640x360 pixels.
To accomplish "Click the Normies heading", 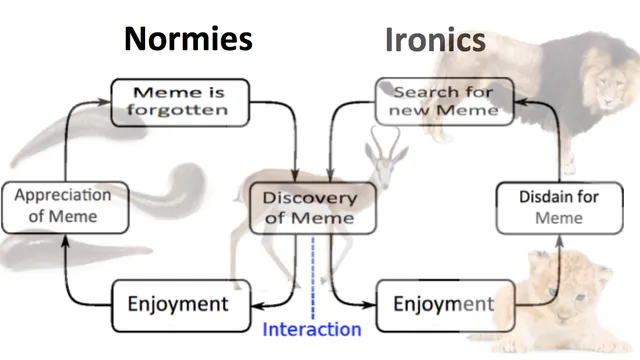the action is pos(188,39).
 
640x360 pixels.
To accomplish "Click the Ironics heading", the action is pos(435,40).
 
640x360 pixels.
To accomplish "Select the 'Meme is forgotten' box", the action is pos(180,102).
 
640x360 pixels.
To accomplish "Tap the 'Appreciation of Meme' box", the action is pos(65,208).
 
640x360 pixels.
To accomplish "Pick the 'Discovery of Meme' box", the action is pos(312,208).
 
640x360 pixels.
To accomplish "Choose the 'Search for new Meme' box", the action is pos(444,101).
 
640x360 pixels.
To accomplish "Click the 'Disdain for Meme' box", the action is pos(559,208).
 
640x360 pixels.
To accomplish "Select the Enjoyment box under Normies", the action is pos(181,305).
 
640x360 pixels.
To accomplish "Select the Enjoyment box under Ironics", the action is pos(445,305).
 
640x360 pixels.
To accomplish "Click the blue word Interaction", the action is pos(312,329).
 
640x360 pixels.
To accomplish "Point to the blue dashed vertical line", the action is pos(313,278).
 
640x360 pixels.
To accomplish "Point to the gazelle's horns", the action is pos(384,142).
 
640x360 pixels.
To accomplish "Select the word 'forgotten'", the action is pos(177,110).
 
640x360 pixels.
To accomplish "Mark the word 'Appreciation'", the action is pos(63,195).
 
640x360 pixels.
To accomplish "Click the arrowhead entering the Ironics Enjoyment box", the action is pos(369,304).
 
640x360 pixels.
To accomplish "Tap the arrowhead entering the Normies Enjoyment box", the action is pos(257,306).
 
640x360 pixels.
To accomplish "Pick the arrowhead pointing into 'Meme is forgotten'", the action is pos(104,102).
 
